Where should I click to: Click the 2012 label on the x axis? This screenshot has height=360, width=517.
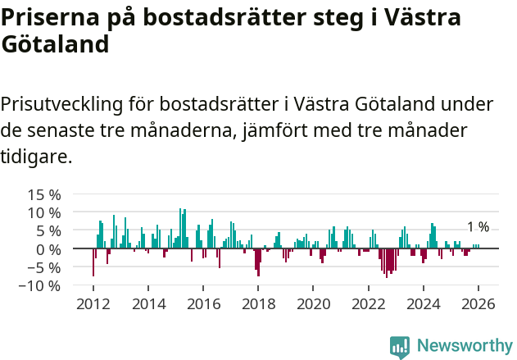pos(93,303)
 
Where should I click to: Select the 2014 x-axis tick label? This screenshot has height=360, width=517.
pos(148,303)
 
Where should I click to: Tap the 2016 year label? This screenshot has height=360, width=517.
pos(203,303)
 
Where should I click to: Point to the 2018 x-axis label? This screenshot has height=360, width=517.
pos(258,303)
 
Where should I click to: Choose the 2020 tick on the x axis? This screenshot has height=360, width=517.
pos(313,303)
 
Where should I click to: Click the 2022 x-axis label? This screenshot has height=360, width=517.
pos(368,303)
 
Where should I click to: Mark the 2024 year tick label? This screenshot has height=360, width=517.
pos(423,303)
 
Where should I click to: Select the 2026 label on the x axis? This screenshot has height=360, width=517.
pos(478,303)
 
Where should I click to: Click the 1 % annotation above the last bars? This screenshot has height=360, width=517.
pos(478,227)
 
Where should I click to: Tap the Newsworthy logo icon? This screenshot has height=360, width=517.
pos(400,347)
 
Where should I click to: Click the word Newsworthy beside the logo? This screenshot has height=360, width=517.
pos(464,347)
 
